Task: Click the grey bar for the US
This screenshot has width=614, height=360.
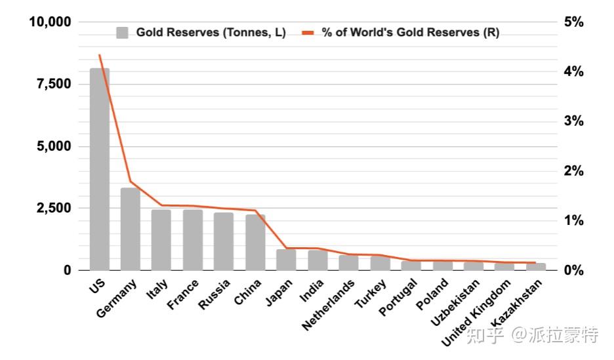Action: [x=100, y=169]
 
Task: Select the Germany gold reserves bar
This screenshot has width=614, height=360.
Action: [x=131, y=229]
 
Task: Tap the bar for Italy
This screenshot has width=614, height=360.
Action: [x=161, y=240]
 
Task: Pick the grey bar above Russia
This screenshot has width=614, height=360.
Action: [x=224, y=241]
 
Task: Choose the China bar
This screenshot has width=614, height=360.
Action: [x=255, y=242]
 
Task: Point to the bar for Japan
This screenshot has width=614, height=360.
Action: [x=286, y=260]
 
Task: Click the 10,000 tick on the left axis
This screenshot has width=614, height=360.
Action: [x=50, y=22]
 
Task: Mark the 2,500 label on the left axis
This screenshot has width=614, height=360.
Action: [x=54, y=208]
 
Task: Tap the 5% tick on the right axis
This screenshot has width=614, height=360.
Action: [x=574, y=22]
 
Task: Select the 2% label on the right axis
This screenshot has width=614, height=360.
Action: [x=574, y=171]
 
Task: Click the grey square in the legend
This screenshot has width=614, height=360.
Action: [x=122, y=33]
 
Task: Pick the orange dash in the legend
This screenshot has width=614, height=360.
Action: [x=308, y=33]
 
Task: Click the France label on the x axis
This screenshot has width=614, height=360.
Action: [x=183, y=294]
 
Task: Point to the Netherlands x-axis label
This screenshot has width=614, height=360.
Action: [x=328, y=305]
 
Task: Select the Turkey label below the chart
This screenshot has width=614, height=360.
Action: [x=371, y=294]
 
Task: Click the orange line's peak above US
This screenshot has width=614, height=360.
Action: [x=100, y=55]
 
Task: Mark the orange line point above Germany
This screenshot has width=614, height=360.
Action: [x=131, y=182]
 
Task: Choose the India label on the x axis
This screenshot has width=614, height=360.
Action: [x=312, y=290]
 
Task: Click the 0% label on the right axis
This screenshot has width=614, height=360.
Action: [x=574, y=270]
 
